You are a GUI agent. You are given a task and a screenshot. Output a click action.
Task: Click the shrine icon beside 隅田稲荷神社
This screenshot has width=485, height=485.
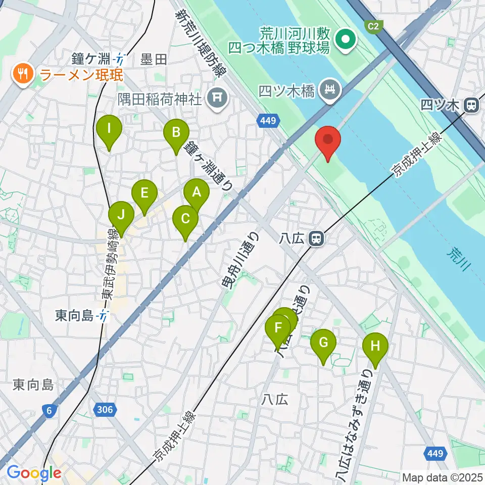click(x=218, y=95)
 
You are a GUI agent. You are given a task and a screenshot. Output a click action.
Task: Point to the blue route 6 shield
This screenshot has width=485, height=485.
click(x=49, y=411)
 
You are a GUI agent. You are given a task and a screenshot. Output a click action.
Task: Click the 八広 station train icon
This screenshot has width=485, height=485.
click(x=317, y=238)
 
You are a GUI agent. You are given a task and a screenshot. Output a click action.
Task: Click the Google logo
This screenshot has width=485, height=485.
click(x=33, y=473)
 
